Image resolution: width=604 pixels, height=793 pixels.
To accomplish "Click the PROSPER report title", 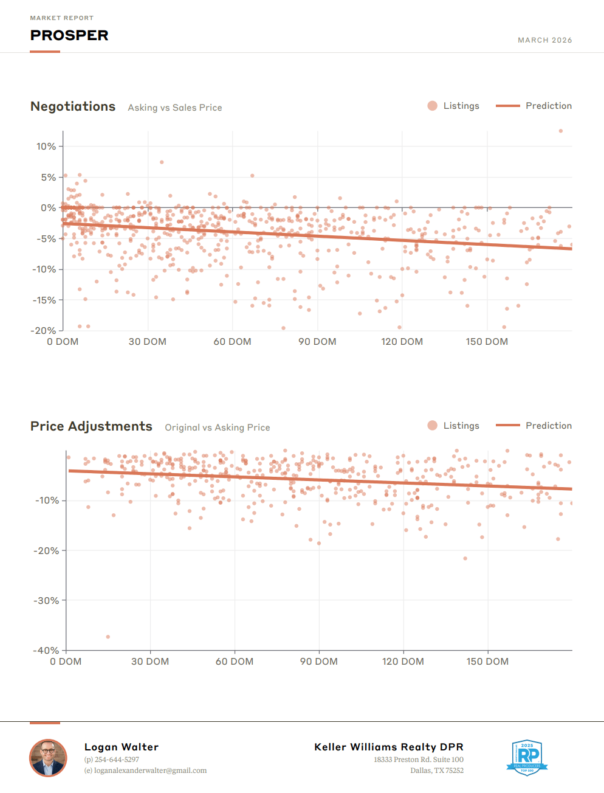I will click(69, 35).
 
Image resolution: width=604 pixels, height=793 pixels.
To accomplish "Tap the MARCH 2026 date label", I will click(544, 40).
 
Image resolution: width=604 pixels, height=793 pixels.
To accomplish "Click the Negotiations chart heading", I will click(73, 106).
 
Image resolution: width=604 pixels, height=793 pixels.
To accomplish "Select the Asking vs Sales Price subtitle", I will click(175, 108).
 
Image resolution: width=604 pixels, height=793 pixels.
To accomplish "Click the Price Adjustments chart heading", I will click(91, 426).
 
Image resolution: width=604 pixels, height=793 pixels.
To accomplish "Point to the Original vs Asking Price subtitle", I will click(218, 428).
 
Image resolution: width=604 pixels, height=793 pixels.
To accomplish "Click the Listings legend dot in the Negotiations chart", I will click(433, 106).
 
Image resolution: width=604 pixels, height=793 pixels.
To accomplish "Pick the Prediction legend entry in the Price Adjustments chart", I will click(534, 426).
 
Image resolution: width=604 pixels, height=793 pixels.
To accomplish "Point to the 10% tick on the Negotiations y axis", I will click(46, 147).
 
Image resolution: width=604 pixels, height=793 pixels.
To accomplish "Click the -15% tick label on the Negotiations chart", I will click(44, 300).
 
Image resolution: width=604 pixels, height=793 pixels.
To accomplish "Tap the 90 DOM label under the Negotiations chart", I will click(317, 342).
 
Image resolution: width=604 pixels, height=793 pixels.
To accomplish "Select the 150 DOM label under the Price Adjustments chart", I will click(487, 662).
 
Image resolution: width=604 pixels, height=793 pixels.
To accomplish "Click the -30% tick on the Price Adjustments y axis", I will click(46, 601).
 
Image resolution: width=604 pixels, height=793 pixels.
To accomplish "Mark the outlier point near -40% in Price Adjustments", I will click(108, 637).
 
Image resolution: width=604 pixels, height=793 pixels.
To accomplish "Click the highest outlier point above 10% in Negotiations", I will click(560, 131).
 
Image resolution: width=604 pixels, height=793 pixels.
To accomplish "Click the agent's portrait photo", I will click(48, 758).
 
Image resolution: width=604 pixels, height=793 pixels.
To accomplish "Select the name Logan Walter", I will click(122, 747).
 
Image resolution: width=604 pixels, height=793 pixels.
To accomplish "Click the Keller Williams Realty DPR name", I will click(389, 747).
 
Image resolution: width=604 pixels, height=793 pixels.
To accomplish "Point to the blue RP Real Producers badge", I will click(527, 757).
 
